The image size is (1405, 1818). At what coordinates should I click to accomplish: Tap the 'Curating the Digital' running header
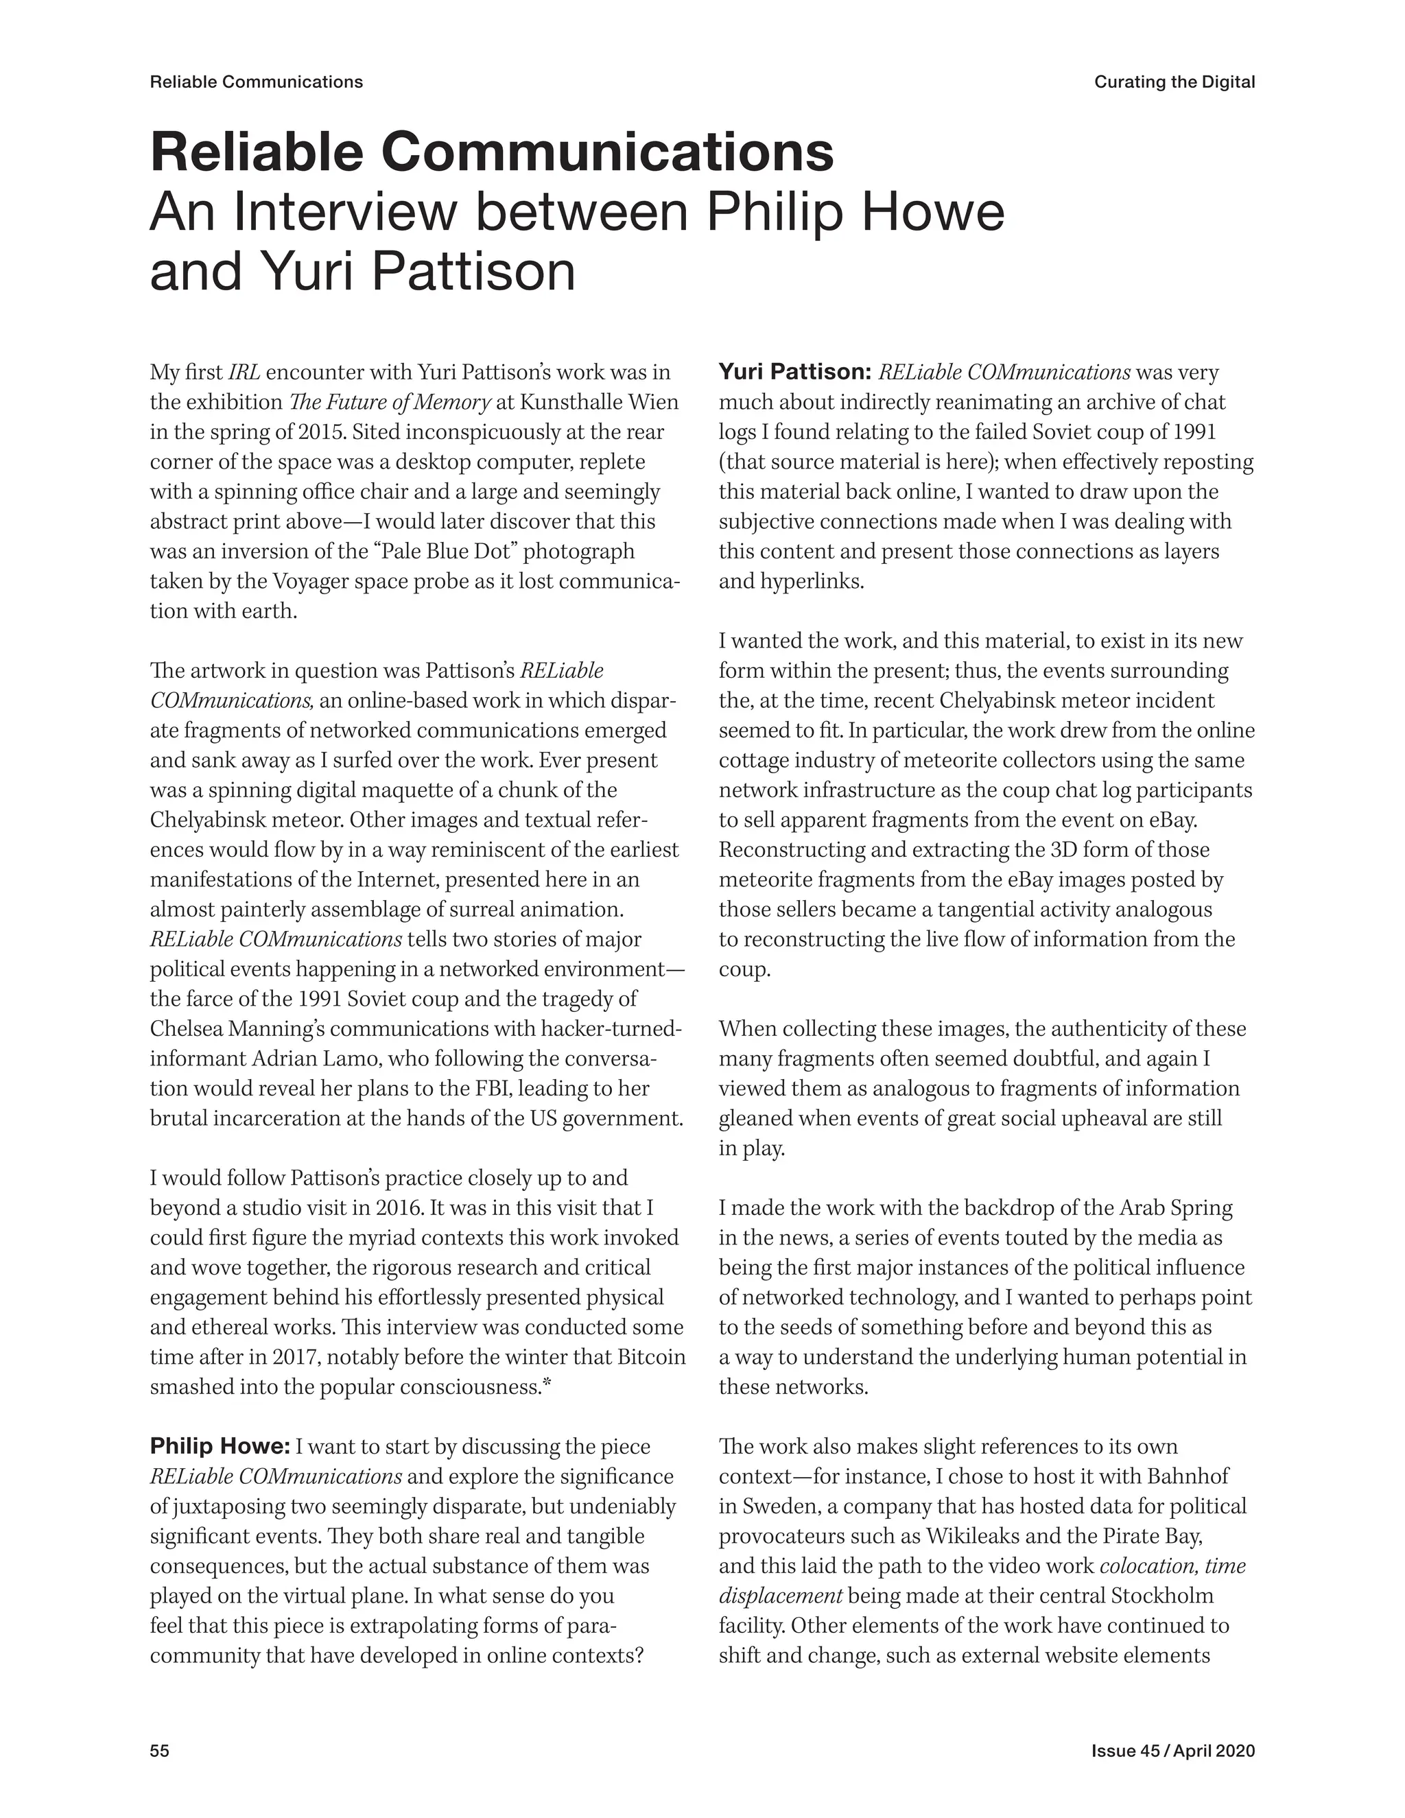point(1174,82)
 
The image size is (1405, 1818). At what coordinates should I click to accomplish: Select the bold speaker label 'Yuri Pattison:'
point(794,371)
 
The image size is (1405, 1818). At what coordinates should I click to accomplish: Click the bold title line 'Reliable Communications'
point(491,152)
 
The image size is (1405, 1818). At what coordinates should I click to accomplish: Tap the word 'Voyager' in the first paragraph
point(313,581)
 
